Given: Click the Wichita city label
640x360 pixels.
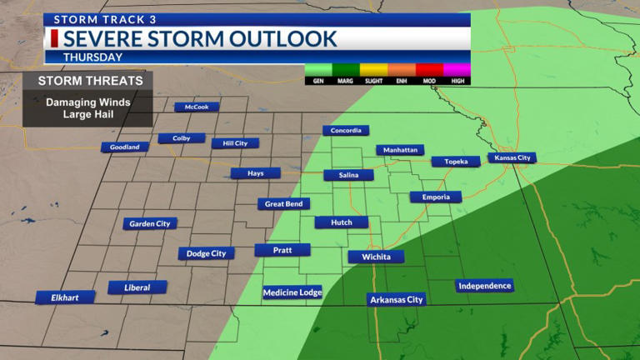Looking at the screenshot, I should (376, 257).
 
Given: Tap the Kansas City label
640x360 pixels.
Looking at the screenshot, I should (512, 157).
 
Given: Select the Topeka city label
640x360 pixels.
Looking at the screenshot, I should (455, 162).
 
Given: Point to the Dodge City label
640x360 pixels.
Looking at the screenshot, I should (206, 253).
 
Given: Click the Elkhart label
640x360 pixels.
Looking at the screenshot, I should (65, 297).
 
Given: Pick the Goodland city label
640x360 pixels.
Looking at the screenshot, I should (125, 147).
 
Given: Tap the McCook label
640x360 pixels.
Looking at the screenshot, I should (197, 107).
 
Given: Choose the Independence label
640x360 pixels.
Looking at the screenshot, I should (484, 286).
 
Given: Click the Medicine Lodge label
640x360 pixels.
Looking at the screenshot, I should (292, 292).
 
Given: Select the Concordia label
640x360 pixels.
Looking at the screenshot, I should (346, 131).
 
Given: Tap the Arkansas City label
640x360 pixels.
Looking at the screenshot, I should (397, 299).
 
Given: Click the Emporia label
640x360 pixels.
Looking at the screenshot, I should (435, 197).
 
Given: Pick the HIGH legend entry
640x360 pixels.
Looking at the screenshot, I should (457, 81).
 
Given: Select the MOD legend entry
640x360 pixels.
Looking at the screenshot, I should (429, 81).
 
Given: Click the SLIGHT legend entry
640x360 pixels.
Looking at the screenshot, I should (373, 81).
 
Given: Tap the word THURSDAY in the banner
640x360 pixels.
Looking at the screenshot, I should (92, 57).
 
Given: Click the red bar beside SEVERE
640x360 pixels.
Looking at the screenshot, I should (54, 38).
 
